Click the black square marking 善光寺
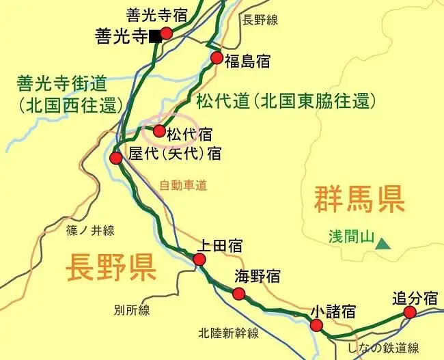[156, 36]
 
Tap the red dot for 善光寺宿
[166, 32]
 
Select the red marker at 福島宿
[217, 58]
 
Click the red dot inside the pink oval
[159, 130]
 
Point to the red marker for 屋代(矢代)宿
[116, 158]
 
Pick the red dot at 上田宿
[199, 260]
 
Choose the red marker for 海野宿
[238, 294]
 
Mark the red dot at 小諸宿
[316, 325]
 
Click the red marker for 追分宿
[409, 312]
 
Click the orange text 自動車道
[182, 184]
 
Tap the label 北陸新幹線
[229, 333]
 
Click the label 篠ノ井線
[91, 230]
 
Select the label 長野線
[260, 20]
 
